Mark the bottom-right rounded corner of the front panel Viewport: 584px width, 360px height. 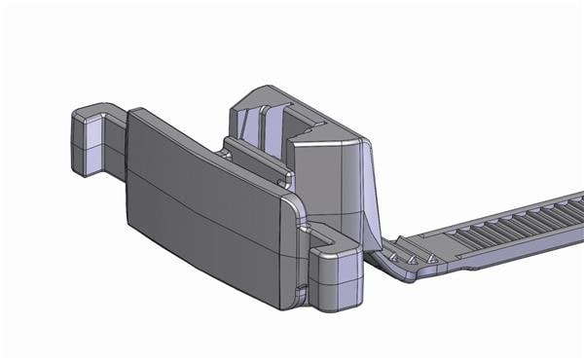point(288,302)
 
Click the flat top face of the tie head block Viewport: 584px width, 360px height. point(326,146)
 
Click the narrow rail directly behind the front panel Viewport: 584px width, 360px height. point(258,161)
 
